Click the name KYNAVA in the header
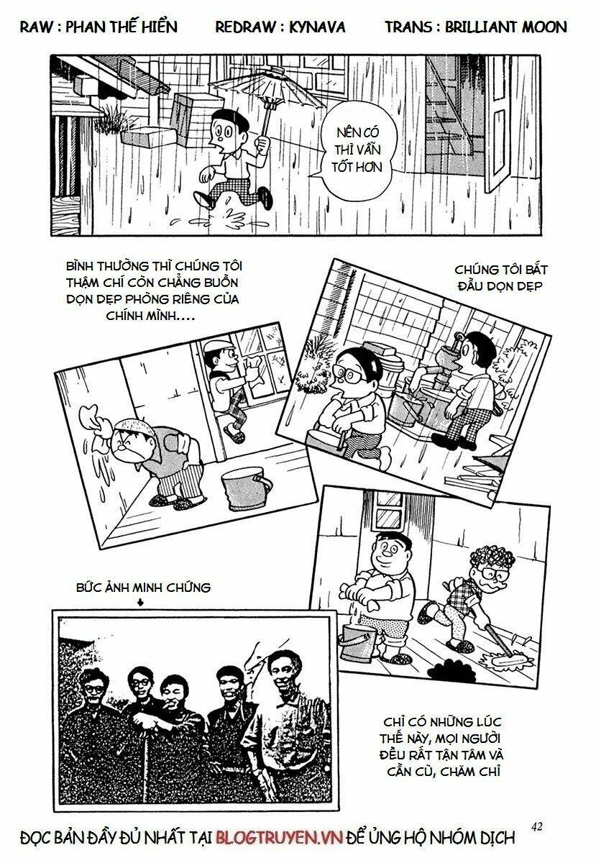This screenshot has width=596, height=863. pyautogui.click(x=317, y=27)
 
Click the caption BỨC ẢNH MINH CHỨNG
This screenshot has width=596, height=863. pyautogui.click(x=144, y=588)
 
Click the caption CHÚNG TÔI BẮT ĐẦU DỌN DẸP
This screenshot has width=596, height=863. pyautogui.click(x=500, y=278)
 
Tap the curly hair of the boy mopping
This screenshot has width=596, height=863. pyautogui.click(x=494, y=557)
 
